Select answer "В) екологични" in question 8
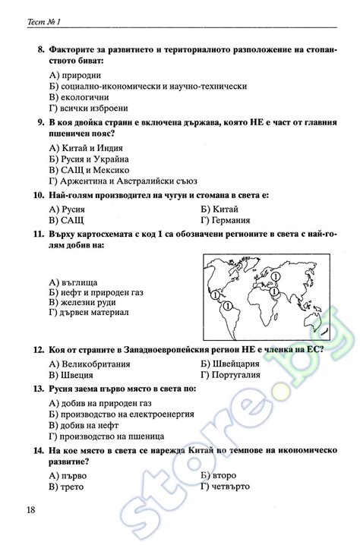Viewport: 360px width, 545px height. (79, 96)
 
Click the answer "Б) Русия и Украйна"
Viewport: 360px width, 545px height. (88, 159)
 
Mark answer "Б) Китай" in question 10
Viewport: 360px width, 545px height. (219, 208)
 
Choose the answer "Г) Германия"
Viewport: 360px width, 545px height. (226, 219)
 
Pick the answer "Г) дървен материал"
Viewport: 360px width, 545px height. (88, 312)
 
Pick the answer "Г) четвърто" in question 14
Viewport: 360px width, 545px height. (226, 486)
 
